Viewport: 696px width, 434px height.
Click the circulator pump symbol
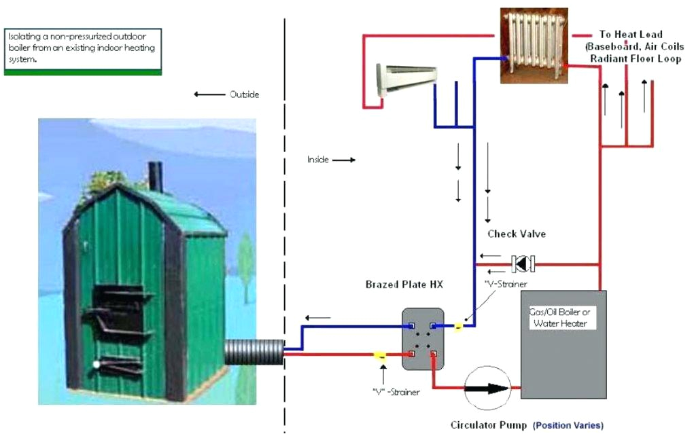pos(487,389)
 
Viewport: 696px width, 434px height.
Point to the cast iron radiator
pos(534,46)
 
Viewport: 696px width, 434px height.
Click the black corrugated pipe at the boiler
pos(253,352)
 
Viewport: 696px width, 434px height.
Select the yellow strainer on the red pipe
pos(380,355)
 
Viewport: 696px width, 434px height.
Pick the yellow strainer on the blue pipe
pos(459,327)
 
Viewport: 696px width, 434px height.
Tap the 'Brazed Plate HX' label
pos(404,285)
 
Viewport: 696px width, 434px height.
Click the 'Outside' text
pos(244,94)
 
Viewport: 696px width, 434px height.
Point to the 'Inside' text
pos(318,160)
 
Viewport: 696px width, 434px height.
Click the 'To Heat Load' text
pos(630,34)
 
